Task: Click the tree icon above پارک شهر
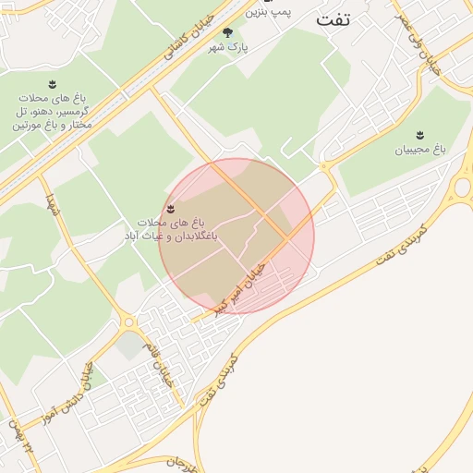click(x=227, y=33)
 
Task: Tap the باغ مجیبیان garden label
click(x=421, y=149)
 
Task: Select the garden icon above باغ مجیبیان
click(x=421, y=135)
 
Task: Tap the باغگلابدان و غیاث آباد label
click(x=171, y=230)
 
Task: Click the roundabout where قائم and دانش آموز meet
click(x=127, y=323)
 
